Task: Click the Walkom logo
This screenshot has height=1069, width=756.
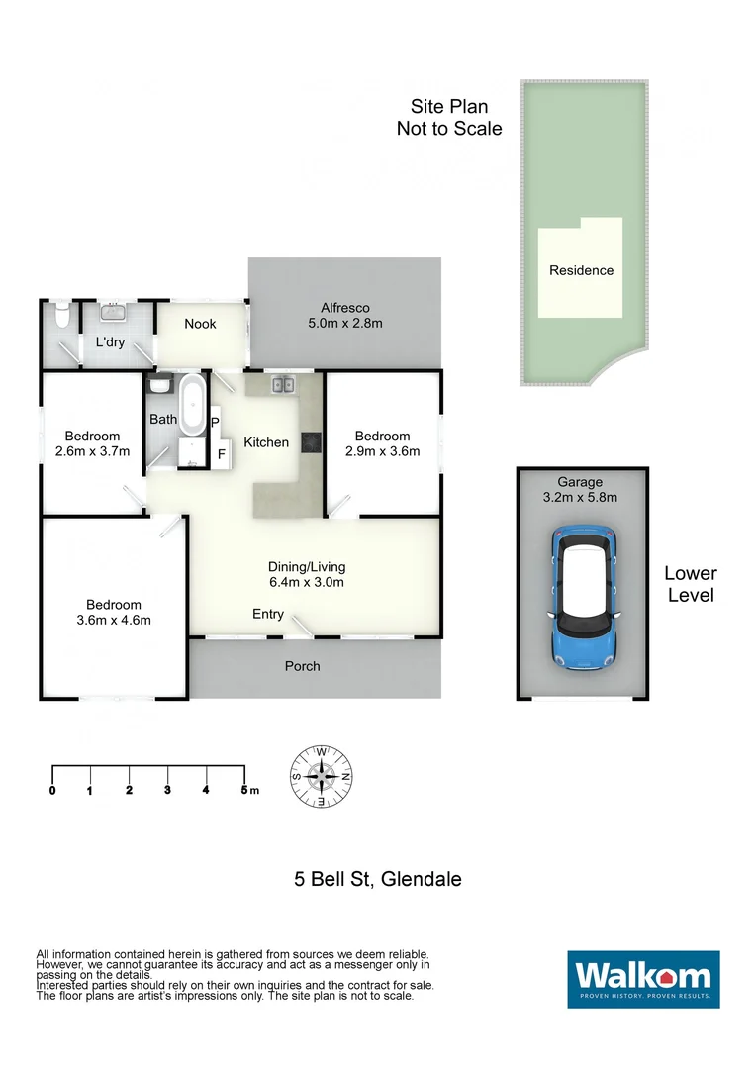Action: coord(643,979)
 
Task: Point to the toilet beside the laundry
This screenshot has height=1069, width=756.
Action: coord(61,316)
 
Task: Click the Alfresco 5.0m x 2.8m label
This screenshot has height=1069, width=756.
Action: coord(344,315)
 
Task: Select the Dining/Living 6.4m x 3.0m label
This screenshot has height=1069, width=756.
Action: coord(307,574)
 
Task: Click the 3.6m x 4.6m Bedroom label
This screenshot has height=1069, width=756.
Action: coord(113,612)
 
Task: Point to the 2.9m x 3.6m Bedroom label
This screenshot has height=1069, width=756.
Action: coord(382,443)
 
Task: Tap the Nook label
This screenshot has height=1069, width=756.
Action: coord(200,324)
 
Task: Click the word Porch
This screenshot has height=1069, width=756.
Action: coord(303,666)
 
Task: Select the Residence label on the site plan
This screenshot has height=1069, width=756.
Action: coord(581,270)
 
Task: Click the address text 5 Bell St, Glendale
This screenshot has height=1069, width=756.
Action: coord(378,878)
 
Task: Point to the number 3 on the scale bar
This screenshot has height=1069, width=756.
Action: coord(167,790)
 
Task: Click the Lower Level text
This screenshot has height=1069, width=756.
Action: coord(690,584)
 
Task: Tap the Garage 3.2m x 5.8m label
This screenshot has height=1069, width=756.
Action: coord(580,490)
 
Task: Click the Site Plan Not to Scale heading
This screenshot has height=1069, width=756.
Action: coord(449,118)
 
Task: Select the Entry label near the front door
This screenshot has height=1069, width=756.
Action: coord(268,614)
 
